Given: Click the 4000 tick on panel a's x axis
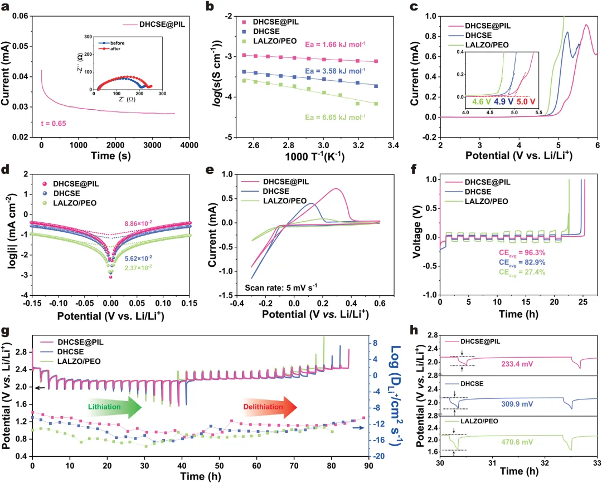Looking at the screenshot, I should point(190,144).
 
